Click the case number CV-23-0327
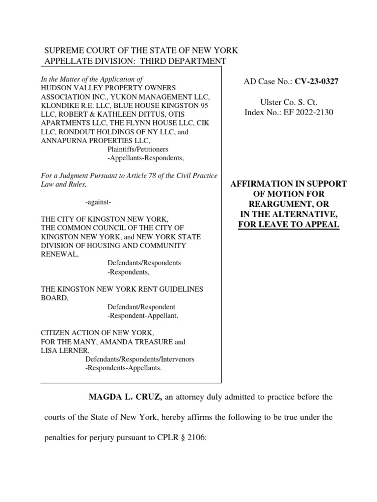click(x=316, y=81)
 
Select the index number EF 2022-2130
click(x=305, y=113)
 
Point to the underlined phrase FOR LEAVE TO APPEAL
click(x=289, y=225)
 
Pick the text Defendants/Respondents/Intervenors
click(x=140, y=359)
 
